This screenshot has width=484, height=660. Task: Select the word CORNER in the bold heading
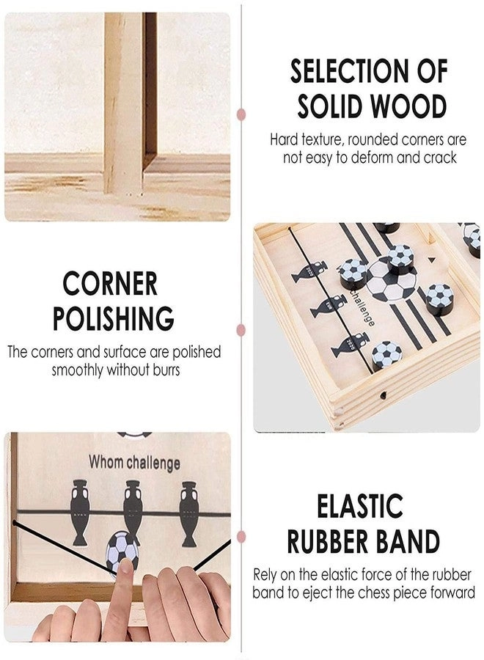pos(110,284)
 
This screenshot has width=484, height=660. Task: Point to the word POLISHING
pos(113,319)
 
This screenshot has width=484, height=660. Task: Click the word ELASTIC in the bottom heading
pos(359,507)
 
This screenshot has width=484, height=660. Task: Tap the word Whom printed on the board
pos(106,463)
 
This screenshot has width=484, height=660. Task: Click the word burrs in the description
pos(164,370)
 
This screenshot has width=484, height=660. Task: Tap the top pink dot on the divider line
pos(241,114)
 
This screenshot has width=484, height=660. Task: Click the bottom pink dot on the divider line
pos(241,549)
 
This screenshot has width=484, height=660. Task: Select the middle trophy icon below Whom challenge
pos(132,511)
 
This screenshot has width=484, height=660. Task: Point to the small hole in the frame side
pos(383,394)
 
